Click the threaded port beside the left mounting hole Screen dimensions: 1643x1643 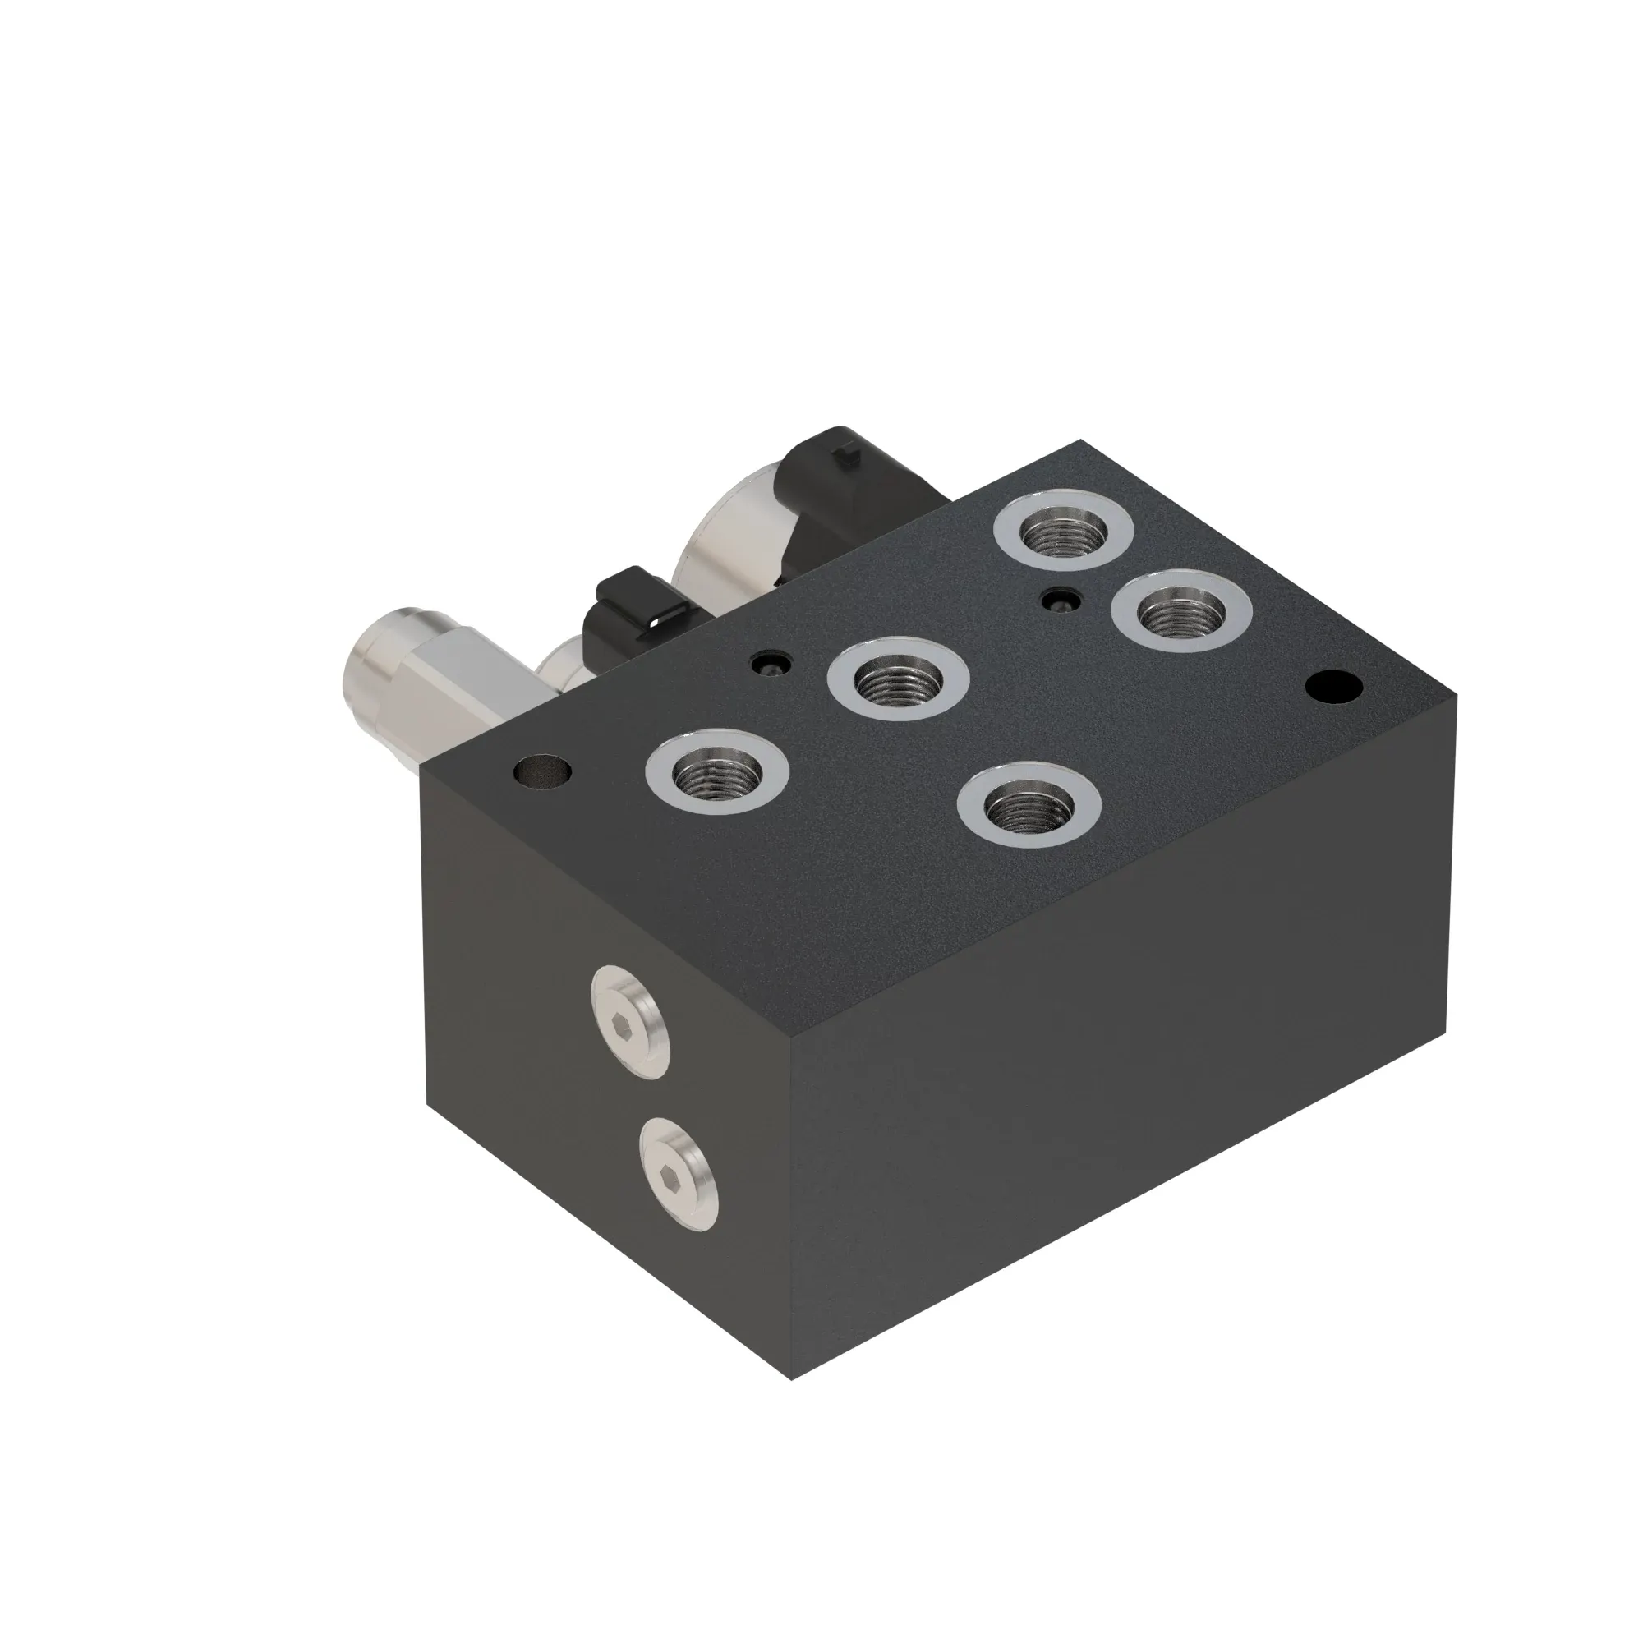717,772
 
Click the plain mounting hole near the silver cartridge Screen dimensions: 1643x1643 542,772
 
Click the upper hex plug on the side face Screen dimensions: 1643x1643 628,1023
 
